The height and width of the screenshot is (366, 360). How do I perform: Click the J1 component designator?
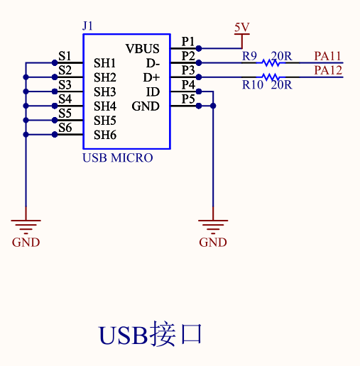(x=88, y=26)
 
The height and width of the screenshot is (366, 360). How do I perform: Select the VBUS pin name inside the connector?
(x=143, y=49)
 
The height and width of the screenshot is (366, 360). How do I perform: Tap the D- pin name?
(x=152, y=63)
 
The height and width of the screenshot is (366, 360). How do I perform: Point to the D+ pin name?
(x=152, y=77)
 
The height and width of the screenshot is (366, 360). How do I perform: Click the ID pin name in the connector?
(x=153, y=92)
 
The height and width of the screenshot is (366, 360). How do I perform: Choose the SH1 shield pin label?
(x=104, y=63)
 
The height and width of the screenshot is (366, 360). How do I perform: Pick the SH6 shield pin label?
(x=104, y=135)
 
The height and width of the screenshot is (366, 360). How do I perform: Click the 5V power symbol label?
(x=241, y=28)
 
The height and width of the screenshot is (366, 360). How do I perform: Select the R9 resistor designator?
(x=249, y=55)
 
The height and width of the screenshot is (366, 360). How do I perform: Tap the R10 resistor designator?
(x=252, y=84)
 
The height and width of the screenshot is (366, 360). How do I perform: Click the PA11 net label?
(x=328, y=55)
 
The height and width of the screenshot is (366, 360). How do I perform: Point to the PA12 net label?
(x=328, y=70)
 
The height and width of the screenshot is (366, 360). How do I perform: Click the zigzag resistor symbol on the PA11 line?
(x=271, y=63)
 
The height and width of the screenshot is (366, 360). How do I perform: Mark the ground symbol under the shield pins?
(x=26, y=226)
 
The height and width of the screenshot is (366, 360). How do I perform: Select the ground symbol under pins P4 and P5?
(x=213, y=226)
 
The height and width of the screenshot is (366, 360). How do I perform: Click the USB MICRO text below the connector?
(x=118, y=157)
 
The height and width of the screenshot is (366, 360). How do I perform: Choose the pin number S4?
(x=65, y=99)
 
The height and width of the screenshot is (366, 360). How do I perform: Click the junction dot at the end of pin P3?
(x=199, y=77)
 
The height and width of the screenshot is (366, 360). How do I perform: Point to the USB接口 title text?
(x=151, y=334)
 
